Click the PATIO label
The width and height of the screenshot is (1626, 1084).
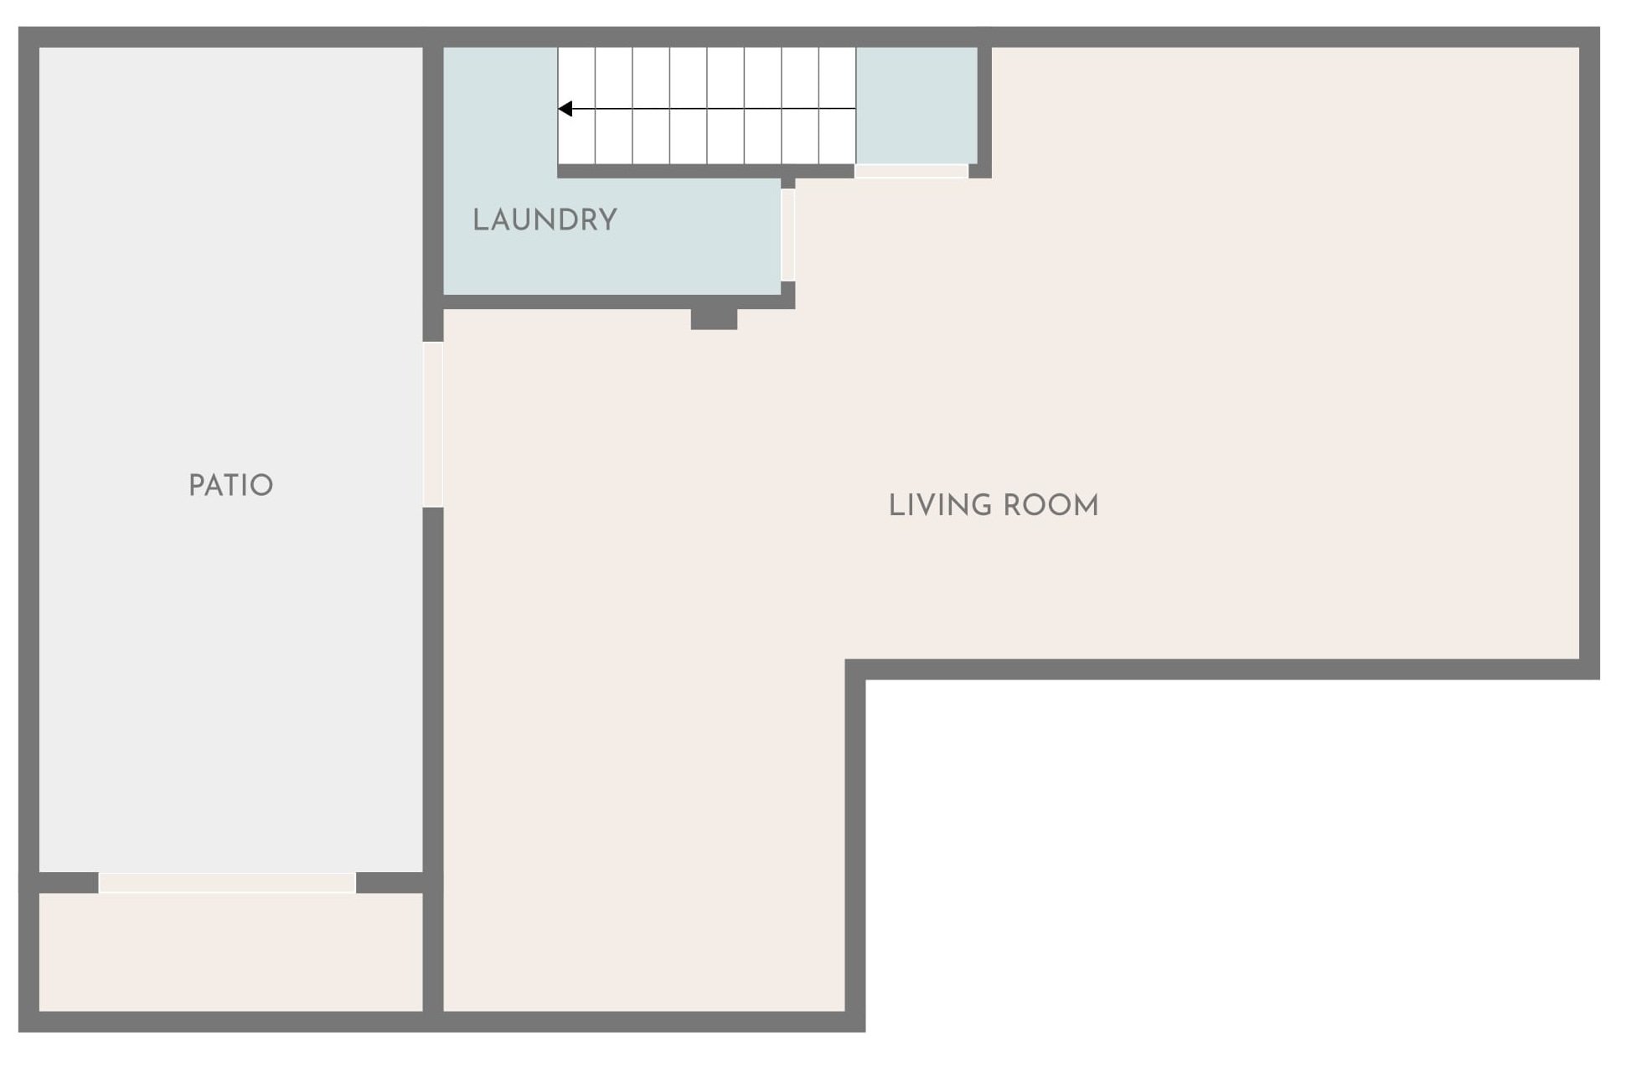pos(230,485)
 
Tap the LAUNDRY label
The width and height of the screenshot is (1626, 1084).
pos(545,219)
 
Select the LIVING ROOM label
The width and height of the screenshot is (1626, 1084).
pos(994,505)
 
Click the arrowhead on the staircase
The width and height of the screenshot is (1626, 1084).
pos(565,109)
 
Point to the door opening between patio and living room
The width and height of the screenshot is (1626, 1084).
pos(432,425)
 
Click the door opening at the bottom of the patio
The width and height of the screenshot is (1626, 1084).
pos(227,883)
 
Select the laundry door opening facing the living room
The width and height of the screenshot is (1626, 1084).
pos(787,235)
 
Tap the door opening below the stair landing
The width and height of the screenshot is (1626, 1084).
pos(911,171)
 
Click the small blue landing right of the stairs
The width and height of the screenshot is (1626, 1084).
pos(916,106)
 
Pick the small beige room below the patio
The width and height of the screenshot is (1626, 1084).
pos(231,952)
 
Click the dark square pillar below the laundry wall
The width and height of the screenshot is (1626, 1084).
pos(714,319)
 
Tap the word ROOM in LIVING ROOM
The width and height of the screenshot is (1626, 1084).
pos(1050,505)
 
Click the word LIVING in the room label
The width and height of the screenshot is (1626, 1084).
pos(940,505)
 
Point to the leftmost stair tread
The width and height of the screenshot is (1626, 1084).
pos(576,106)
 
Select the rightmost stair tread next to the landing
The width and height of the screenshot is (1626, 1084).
pos(837,106)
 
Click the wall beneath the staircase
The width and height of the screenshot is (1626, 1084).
pos(705,171)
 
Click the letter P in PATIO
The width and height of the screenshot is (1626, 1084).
pos(196,485)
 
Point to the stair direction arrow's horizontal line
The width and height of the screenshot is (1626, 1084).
pos(707,109)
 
